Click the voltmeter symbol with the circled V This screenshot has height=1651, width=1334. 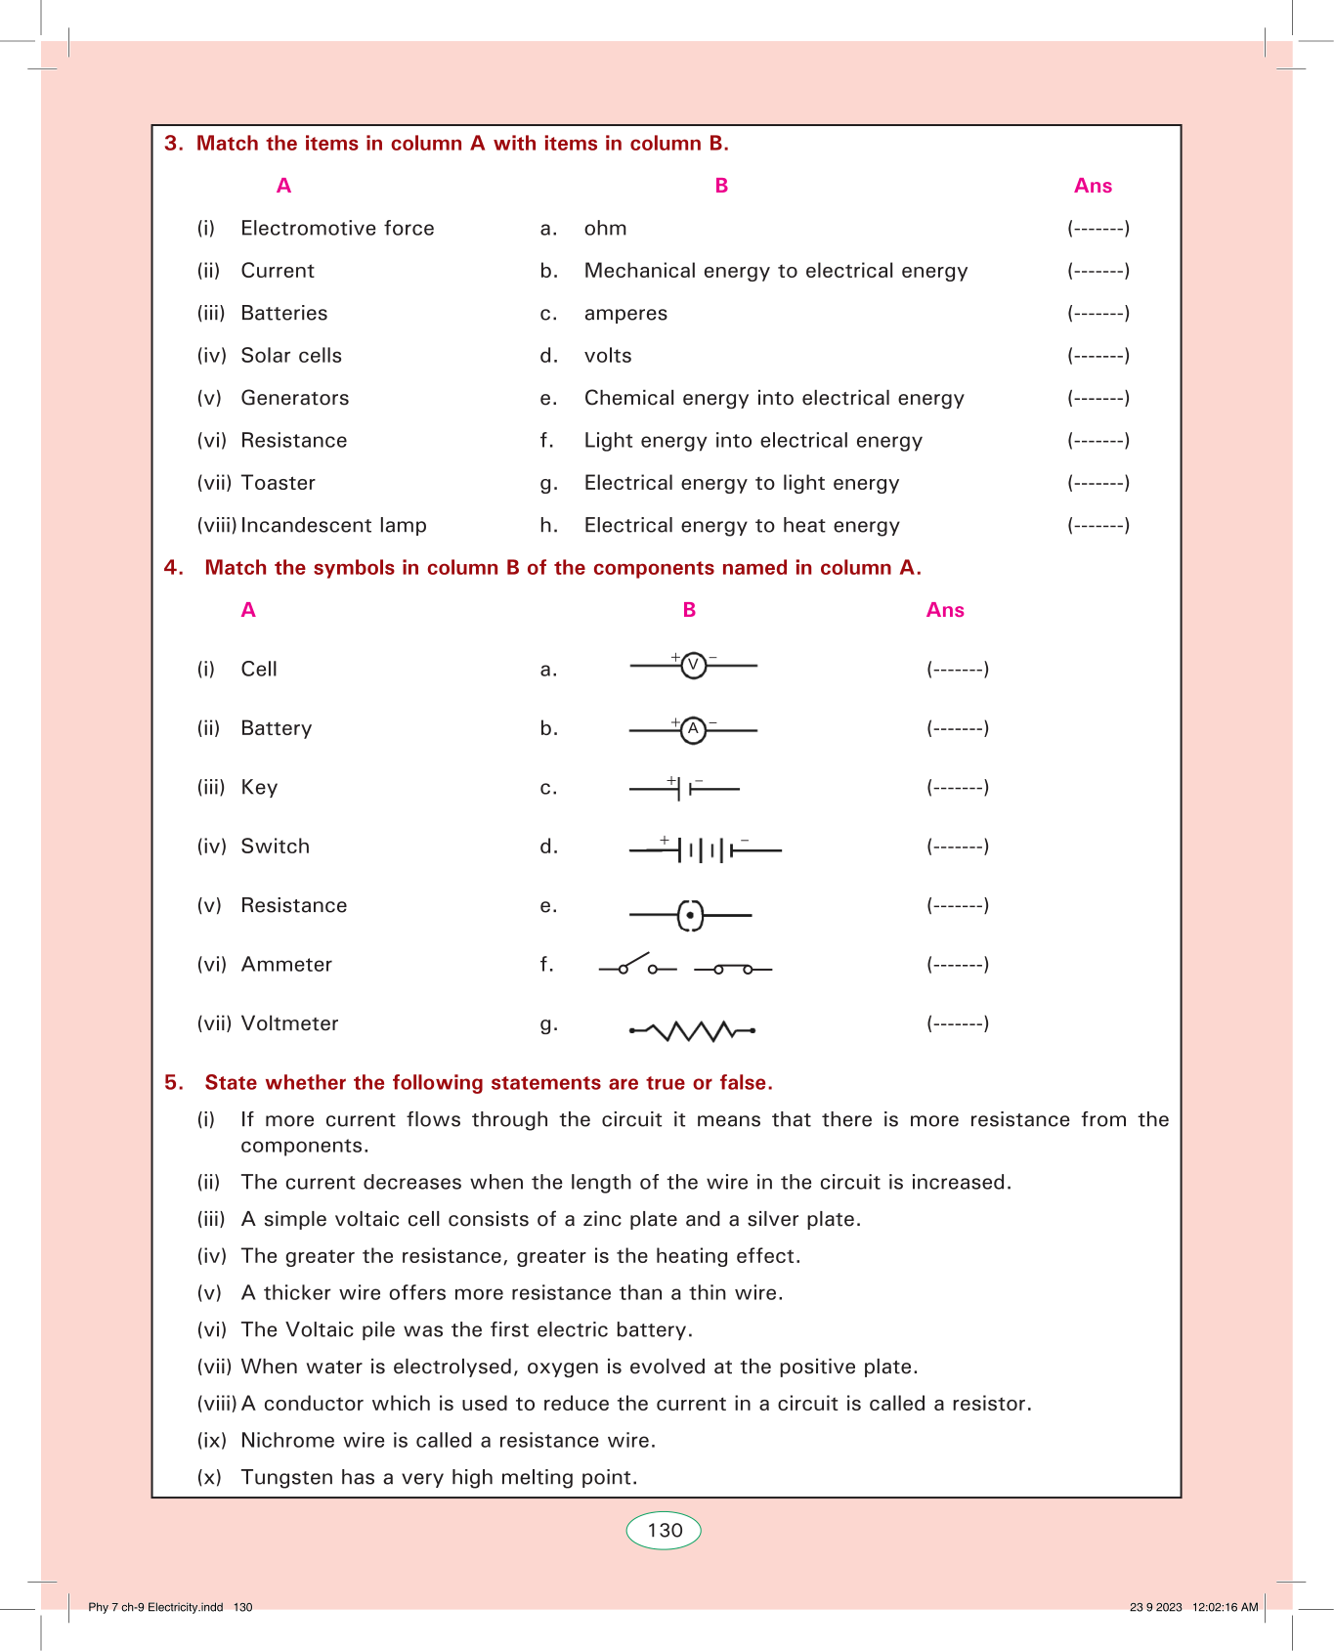(693, 666)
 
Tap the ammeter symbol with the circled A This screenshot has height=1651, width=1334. (693, 729)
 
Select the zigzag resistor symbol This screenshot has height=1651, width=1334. (692, 1030)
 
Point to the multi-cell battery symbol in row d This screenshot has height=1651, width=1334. (706, 849)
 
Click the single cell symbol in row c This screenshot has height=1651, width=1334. (684, 787)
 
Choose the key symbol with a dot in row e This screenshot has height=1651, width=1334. (690, 915)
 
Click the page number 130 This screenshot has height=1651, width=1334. (665, 1531)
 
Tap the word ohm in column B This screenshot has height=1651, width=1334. (605, 229)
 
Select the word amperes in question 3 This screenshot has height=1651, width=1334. (625, 314)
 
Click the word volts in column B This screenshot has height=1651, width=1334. (608, 356)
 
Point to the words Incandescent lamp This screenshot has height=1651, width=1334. (333, 526)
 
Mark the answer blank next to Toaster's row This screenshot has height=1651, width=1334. (1098, 483)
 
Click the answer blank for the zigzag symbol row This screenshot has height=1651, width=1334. (958, 1023)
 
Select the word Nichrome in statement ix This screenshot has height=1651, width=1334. (281, 1441)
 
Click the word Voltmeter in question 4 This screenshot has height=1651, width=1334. (289, 1023)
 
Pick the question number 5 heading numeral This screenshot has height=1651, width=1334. (173, 1082)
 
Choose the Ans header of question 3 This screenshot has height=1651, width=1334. (1093, 186)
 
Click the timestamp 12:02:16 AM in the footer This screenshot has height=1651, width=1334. (1225, 1607)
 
